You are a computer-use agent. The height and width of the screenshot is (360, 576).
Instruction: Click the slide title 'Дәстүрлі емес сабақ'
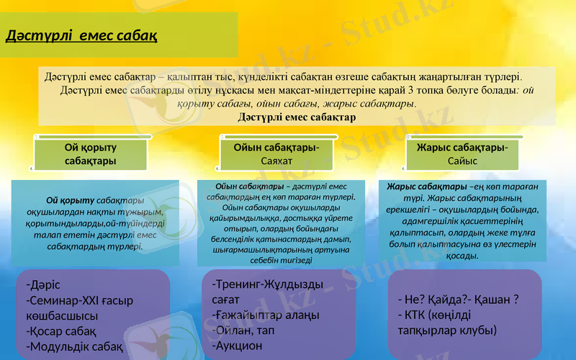(82, 35)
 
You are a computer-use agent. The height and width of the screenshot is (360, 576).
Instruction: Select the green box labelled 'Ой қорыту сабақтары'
(91, 153)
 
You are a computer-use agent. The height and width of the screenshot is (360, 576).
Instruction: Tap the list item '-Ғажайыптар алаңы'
(266, 315)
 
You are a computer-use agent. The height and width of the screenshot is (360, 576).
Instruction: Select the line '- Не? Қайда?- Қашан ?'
(458, 300)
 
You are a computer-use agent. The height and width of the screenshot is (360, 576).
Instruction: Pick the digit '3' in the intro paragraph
(410, 91)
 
